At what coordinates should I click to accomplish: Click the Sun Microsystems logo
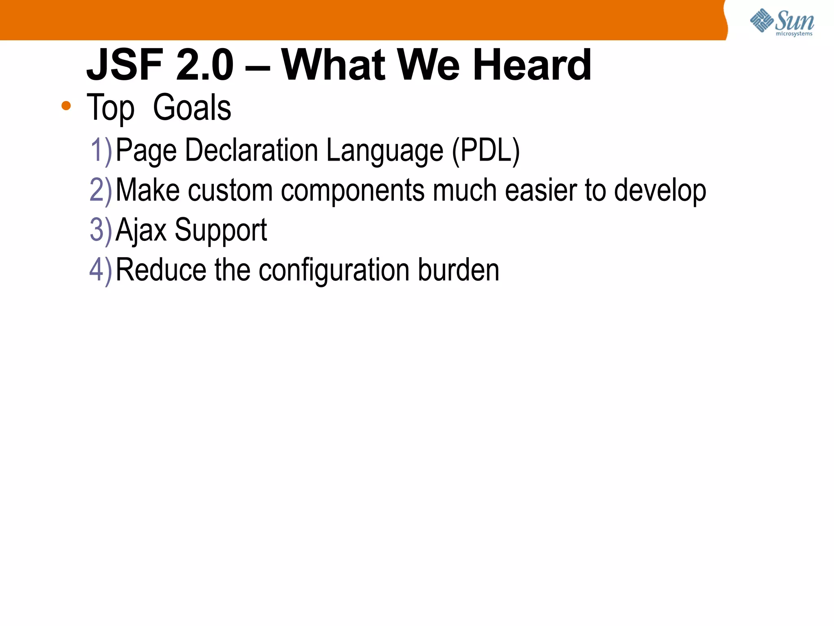click(x=781, y=22)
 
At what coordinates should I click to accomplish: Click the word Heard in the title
click(x=531, y=65)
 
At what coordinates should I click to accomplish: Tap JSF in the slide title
click(x=125, y=65)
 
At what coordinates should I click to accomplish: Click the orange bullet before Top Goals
click(x=66, y=106)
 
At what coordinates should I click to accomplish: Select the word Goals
click(x=192, y=108)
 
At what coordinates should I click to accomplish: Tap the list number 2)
click(x=101, y=190)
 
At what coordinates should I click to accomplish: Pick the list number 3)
click(x=101, y=230)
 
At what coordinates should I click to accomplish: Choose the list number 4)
click(x=101, y=270)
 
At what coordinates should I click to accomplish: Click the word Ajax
click(x=141, y=230)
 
